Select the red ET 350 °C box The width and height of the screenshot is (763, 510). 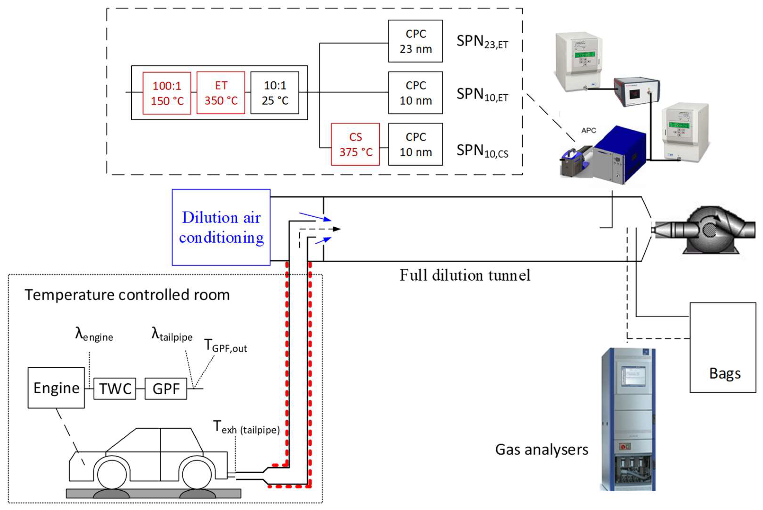(221, 93)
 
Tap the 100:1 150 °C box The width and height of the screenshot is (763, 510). (167, 93)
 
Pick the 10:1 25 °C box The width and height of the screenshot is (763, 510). (275, 93)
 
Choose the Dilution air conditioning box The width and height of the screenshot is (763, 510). (221, 227)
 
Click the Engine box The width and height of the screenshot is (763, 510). (56, 388)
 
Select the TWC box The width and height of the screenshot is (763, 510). (115, 389)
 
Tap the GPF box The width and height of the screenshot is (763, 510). (166, 389)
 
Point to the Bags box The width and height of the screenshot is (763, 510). (723, 347)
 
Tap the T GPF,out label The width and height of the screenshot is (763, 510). (225, 346)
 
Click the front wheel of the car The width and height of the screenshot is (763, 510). (112, 475)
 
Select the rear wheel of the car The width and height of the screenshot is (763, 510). (197, 475)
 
